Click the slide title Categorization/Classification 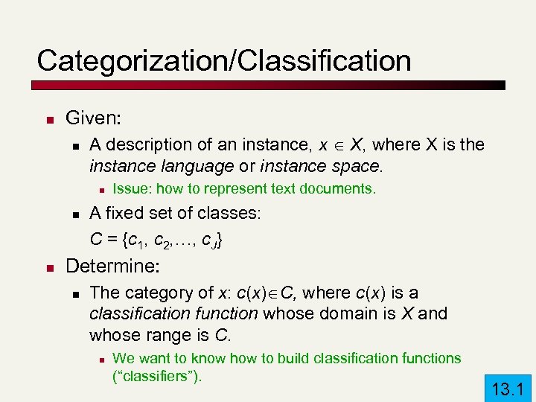pyautogui.click(x=223, y=60)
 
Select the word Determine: pyautogui.click(x=115, y=266)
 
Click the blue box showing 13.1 pyautogui.click(x=508, y=387)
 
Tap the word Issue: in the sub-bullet pyautogui.click(x=131, y=188)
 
